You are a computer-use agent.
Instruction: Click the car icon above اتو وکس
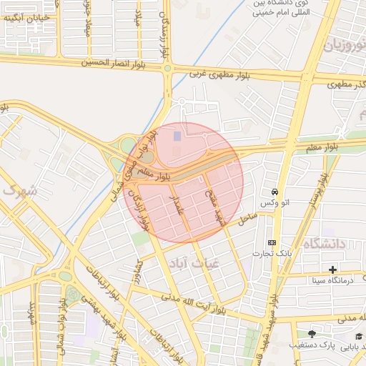click(274, 193)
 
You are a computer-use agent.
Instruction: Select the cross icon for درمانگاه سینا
click(332, 269)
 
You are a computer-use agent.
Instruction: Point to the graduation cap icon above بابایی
click(358, 336)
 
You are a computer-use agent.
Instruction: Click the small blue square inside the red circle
click(177, 136)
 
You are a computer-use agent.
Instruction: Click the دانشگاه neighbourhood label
click(325, 244)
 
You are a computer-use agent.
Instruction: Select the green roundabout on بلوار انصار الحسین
click(167, 69)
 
